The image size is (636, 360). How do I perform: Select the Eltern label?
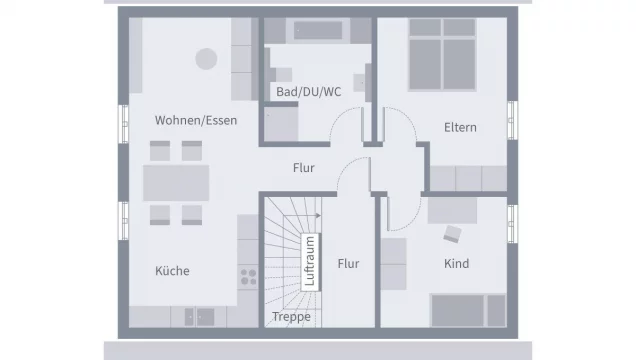[460, 127]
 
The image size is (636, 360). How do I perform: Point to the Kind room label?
[456, 264]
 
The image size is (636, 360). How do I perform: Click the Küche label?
[172, 271]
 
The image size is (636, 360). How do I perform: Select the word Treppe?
[292, 317]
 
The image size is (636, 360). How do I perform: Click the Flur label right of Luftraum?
[348, 264]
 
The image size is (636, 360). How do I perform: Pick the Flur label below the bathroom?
[304, 168]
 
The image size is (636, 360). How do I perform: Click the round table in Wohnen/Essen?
[207, 59]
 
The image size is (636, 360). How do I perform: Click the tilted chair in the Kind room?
[452, 234]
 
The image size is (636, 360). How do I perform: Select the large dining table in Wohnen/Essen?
[176, 183]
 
